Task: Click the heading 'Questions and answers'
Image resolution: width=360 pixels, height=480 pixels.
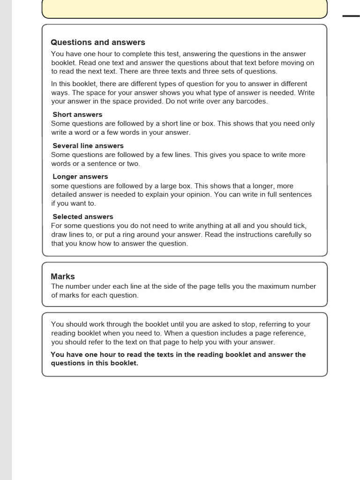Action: (x=98, y=43)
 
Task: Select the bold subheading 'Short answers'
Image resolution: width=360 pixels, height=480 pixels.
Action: (x=77, y=114)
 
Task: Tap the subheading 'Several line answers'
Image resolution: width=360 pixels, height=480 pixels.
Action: (x=88, y=146)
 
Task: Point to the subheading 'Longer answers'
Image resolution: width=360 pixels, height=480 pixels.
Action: (x=80, y=177)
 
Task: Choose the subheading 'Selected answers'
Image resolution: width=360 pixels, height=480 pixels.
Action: (x=83, y=217)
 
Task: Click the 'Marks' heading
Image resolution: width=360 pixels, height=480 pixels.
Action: (x=63, y=277)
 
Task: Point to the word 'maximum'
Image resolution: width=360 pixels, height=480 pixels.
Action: (x=273, y=286)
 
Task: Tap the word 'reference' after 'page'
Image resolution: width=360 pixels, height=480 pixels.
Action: (x=289, y=333)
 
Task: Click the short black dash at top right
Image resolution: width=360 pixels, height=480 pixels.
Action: (x=351, y=16)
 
